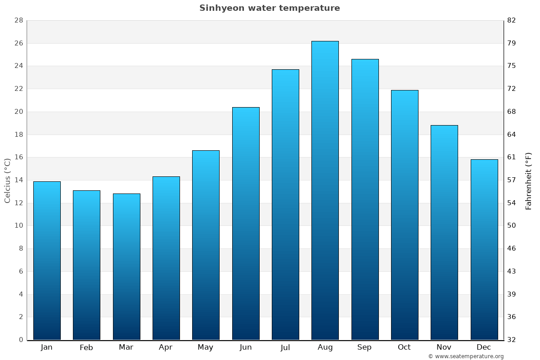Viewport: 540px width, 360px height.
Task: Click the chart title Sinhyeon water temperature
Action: (x=270, y=8)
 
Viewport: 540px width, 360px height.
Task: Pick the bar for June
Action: (x=246, y=223)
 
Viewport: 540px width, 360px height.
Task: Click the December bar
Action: (x=484, y=249)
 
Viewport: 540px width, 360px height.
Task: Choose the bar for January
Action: (x=47, y=261)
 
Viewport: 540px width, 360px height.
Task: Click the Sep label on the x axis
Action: (x=364, y=347)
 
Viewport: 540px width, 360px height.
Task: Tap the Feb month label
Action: (x=86, y=347)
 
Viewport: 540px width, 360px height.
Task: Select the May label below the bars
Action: (x=206, y=347)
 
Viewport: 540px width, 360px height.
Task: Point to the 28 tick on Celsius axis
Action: (x=18, y=21)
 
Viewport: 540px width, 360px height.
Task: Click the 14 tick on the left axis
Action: (x=18, y=180)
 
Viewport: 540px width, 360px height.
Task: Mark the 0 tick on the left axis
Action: (x=21, y=340)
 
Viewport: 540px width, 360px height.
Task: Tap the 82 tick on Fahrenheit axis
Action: (x=512, y=21)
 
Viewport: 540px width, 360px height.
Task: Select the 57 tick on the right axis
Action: (x=512, y=180)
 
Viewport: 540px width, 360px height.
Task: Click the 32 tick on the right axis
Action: (x=512, y=340)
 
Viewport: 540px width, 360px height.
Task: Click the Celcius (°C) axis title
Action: (x=7, y=180)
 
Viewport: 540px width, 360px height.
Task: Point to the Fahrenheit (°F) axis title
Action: (x=529, y=180)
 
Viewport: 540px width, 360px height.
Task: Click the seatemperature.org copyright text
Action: (x=466, y=356)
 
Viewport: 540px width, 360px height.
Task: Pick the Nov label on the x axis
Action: (x=444, y=347)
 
